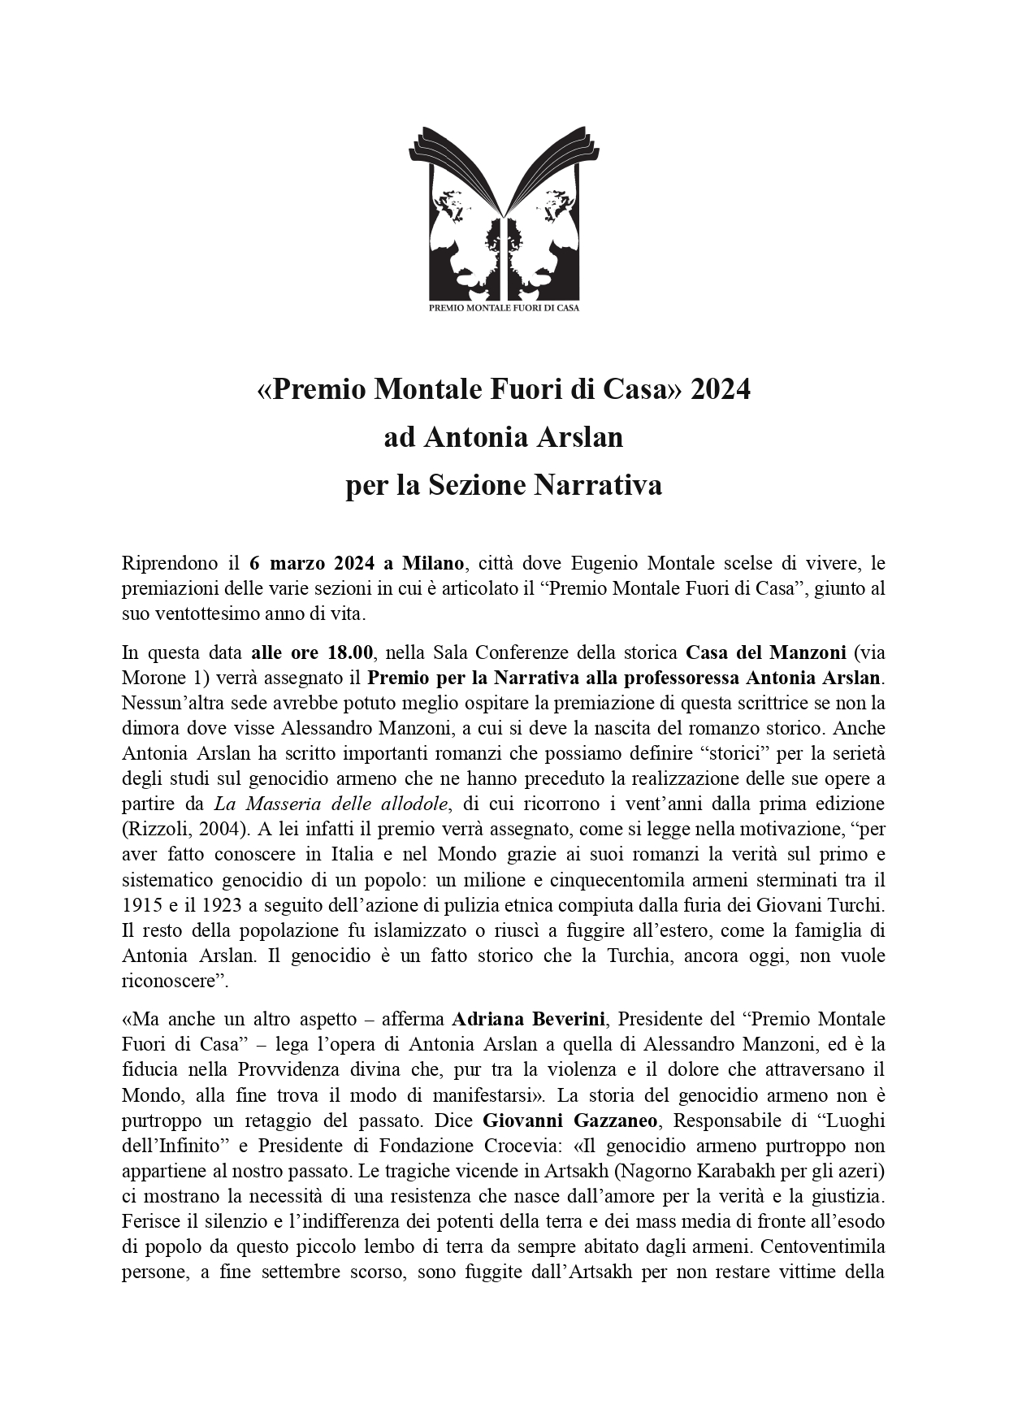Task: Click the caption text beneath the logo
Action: [504, 308]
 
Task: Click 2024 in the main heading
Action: [720, 390]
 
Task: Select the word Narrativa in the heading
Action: [597, 485]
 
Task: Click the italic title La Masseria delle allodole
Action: [331, 804]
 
